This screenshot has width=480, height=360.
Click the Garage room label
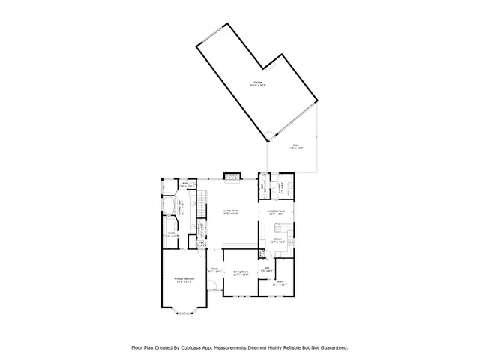(257, 82)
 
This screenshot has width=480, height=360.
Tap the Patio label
(296, 145)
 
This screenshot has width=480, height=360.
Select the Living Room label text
(231, 211)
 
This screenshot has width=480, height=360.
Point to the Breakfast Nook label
(277, 211)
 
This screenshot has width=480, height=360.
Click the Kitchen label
(277, 238)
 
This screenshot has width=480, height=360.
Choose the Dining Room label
(241, 271)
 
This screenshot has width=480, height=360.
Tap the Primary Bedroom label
(184, 280)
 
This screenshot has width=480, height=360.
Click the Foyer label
(214, 268)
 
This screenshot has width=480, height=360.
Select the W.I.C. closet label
(172, 233)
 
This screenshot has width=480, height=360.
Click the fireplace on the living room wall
(232, 178)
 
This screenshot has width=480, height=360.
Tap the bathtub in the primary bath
(169, 206)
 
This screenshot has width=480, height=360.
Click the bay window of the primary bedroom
(184, 307)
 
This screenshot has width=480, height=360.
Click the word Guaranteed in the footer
(331, 347)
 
